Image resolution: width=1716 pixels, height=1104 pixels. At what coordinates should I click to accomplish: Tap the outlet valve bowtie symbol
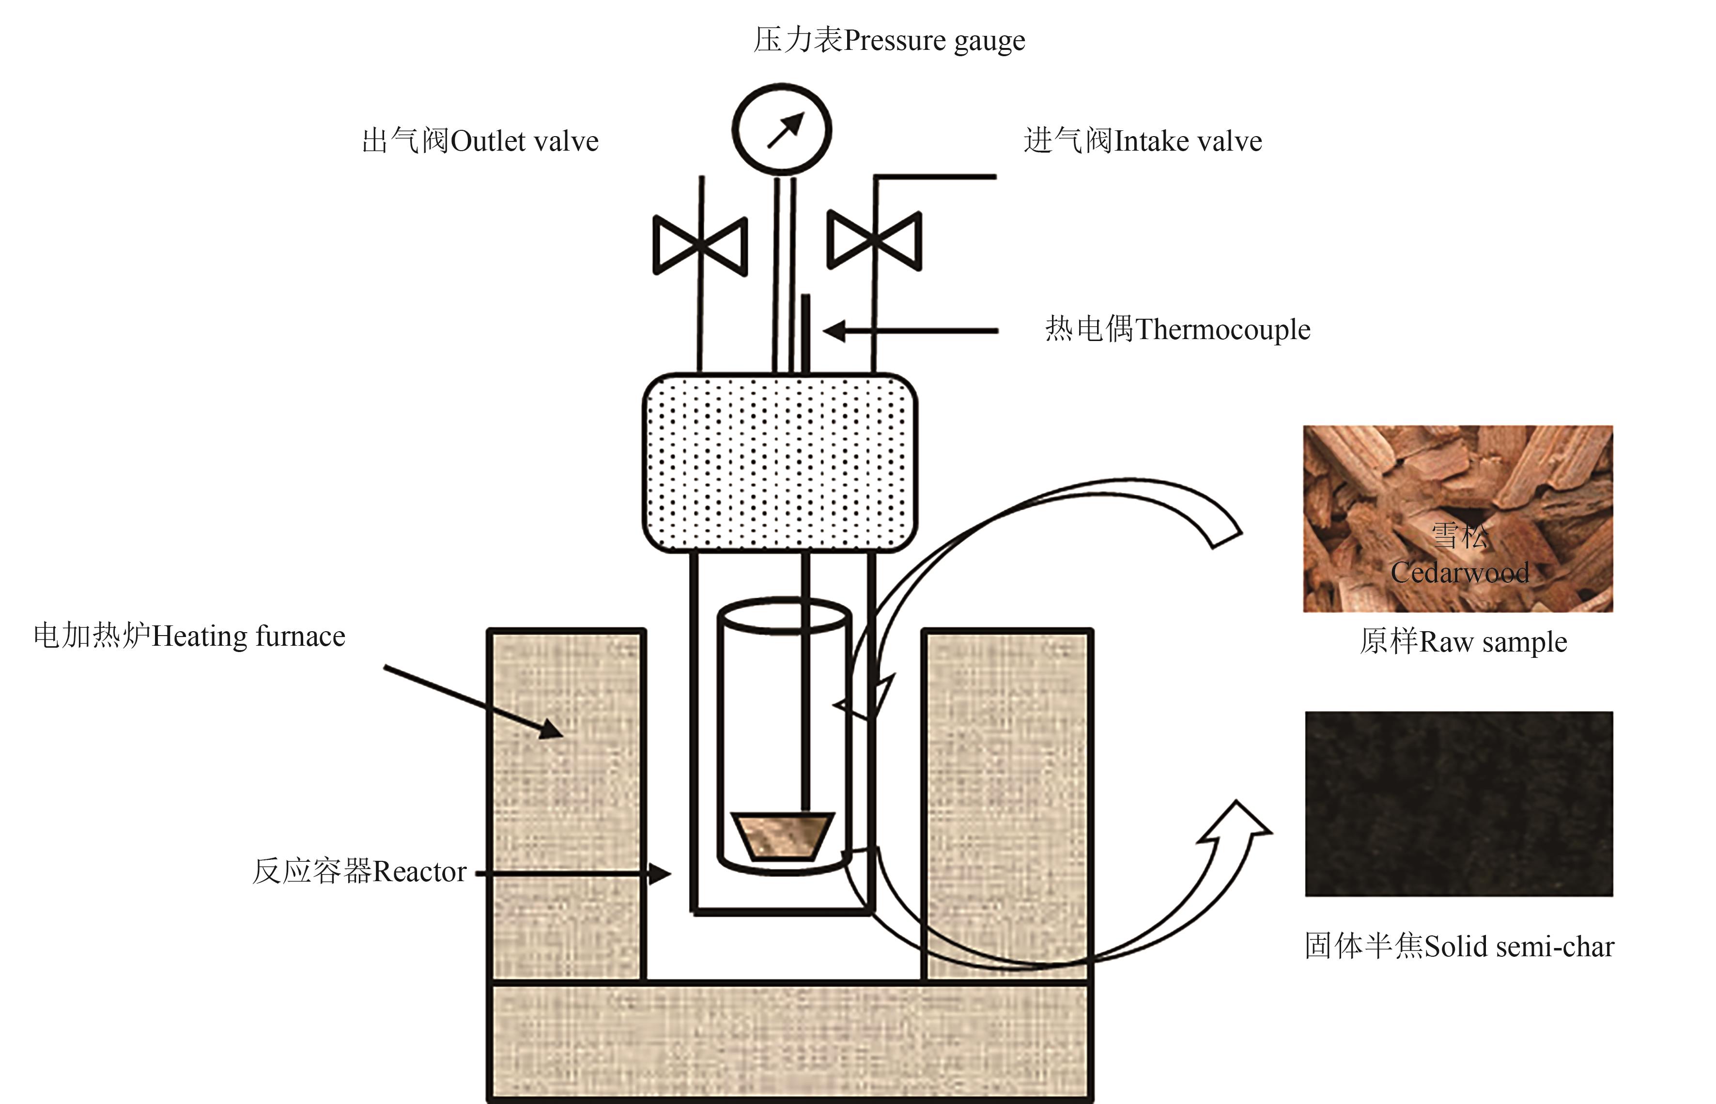700,245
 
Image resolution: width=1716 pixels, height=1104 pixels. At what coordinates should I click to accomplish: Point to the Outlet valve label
480,141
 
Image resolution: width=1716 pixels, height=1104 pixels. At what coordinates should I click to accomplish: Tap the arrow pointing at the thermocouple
911,331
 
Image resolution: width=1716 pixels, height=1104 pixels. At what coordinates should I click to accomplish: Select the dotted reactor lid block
780,463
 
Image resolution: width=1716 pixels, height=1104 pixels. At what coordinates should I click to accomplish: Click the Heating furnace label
189,637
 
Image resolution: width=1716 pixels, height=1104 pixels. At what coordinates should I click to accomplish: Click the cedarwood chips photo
1458,518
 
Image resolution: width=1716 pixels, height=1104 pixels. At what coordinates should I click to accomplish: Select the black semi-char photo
1459,804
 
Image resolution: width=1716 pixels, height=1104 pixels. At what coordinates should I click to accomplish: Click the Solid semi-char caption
1459,946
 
